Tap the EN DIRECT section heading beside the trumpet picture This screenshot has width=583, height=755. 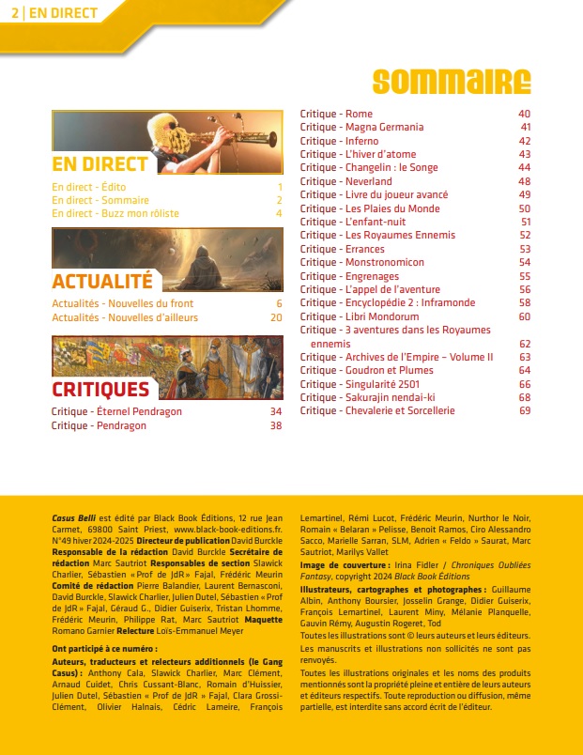pyautogui.click(x=100, y=164)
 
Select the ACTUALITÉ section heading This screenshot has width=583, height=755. pyautogui.click(x=101, y=281)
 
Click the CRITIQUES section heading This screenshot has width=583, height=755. pyautogui.click(x=100, y=389)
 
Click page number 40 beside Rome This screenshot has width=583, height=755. pyautogui.click(x=524, y=114)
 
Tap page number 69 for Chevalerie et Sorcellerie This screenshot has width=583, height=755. pyautogui.click(x=524, y=410)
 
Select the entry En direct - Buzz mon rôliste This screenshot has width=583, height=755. pyautogui.click(x=115, y=213)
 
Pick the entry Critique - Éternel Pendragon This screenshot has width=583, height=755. pyautogui.click(x=116, y=411)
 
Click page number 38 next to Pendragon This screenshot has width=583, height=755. pyautogui.click(x=276, y=425)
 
